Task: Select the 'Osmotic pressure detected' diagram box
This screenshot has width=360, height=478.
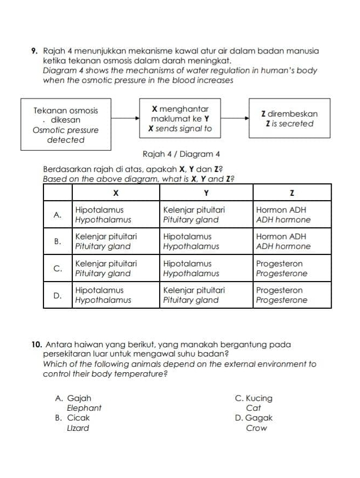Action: (66, 125)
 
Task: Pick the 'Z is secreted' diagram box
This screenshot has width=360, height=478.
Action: (289, 119)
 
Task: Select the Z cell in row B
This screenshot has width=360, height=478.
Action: (292, 241)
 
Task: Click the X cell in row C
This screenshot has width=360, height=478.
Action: (115, 268)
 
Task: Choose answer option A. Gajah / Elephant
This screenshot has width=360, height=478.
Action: (79, 403)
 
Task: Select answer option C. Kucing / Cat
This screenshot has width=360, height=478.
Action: (254, 403)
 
